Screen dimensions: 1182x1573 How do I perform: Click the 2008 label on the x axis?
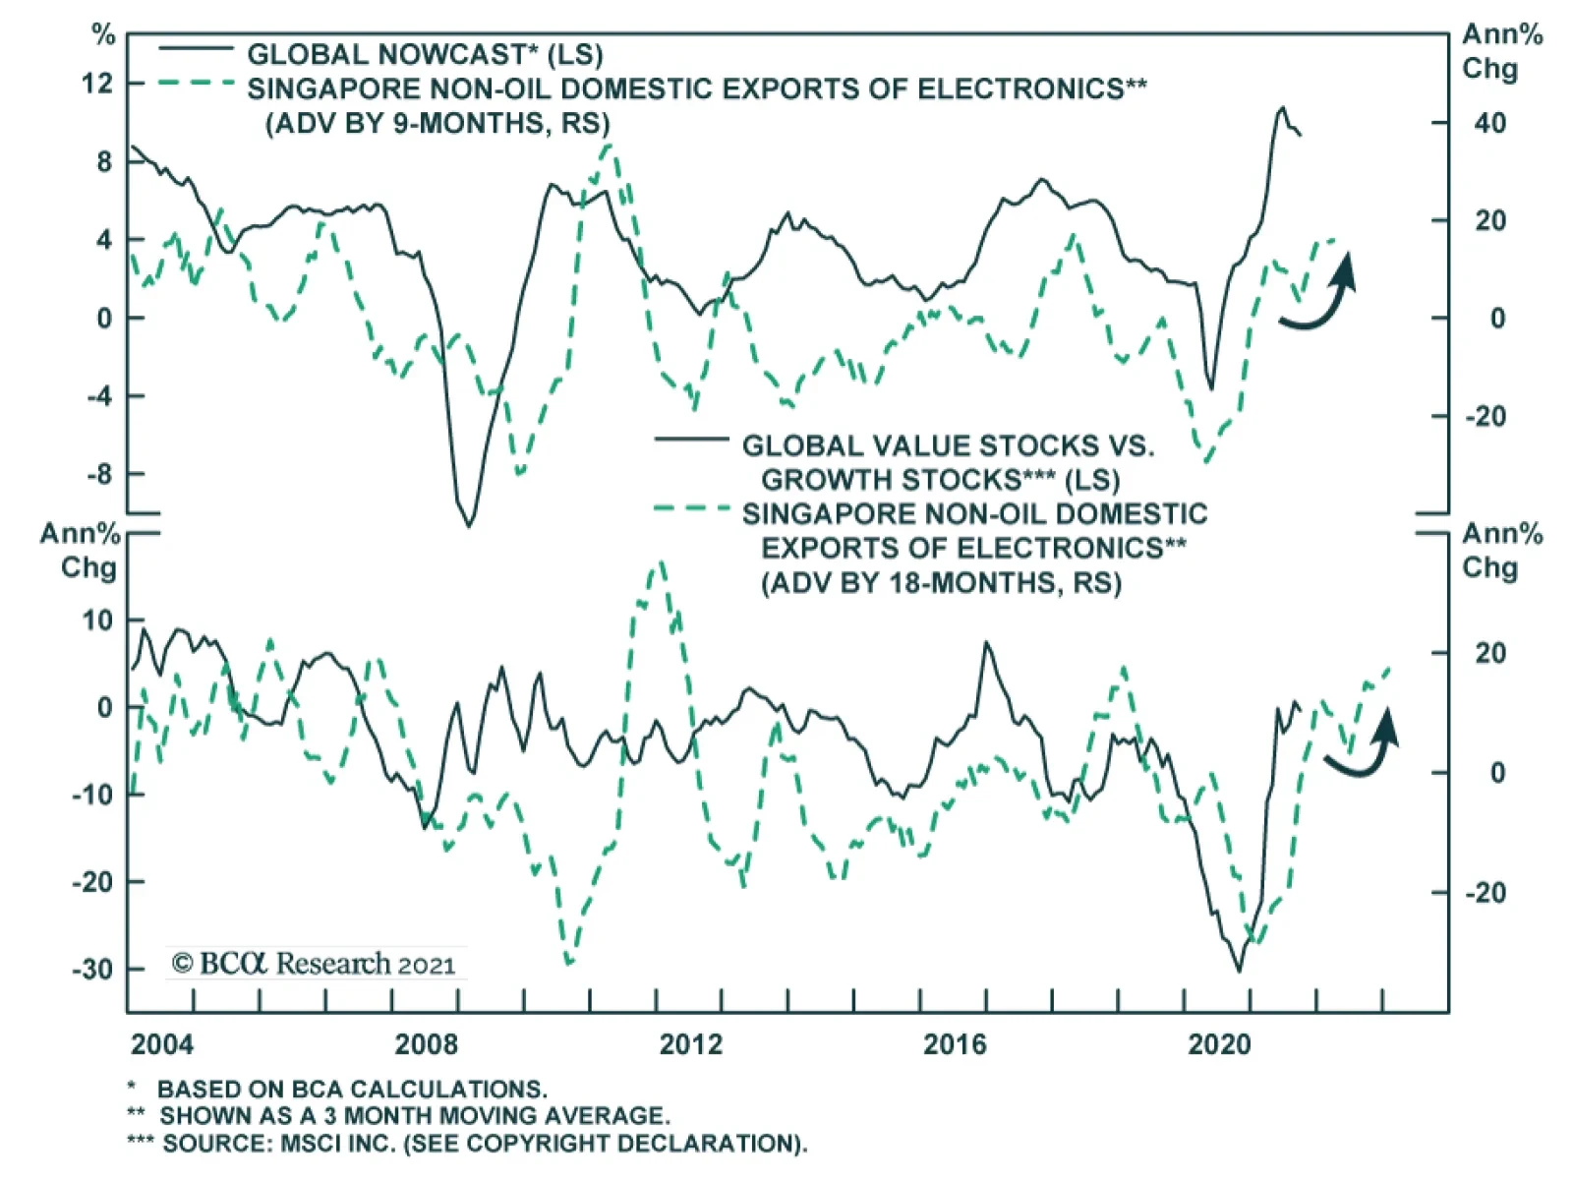click(426, 1043)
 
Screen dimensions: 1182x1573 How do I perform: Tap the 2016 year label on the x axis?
click(954, 1043)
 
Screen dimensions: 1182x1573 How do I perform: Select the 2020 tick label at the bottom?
click(1219, 1043)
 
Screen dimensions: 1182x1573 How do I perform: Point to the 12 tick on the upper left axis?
click(97, 84)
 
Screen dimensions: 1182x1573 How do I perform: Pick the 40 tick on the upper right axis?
click(1489, 124)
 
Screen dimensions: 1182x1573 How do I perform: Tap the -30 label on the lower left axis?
click(91, 969)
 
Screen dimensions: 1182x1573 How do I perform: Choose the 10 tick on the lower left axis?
click(97, 621)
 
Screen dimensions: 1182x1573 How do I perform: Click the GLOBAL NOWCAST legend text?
click(425, 54)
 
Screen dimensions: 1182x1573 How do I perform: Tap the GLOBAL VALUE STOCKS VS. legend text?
click(948, 445)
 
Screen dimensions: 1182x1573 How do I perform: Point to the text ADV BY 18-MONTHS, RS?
click(941, 582)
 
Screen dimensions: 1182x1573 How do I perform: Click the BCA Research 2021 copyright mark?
click(314, 963)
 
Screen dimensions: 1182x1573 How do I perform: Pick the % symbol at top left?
click(103, 35)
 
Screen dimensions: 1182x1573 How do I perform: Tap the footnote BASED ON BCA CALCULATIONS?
click(351, 1090)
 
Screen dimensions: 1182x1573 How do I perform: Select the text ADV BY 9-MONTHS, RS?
click(437, 123)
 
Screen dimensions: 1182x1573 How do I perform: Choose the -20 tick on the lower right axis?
click(1485, 893)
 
